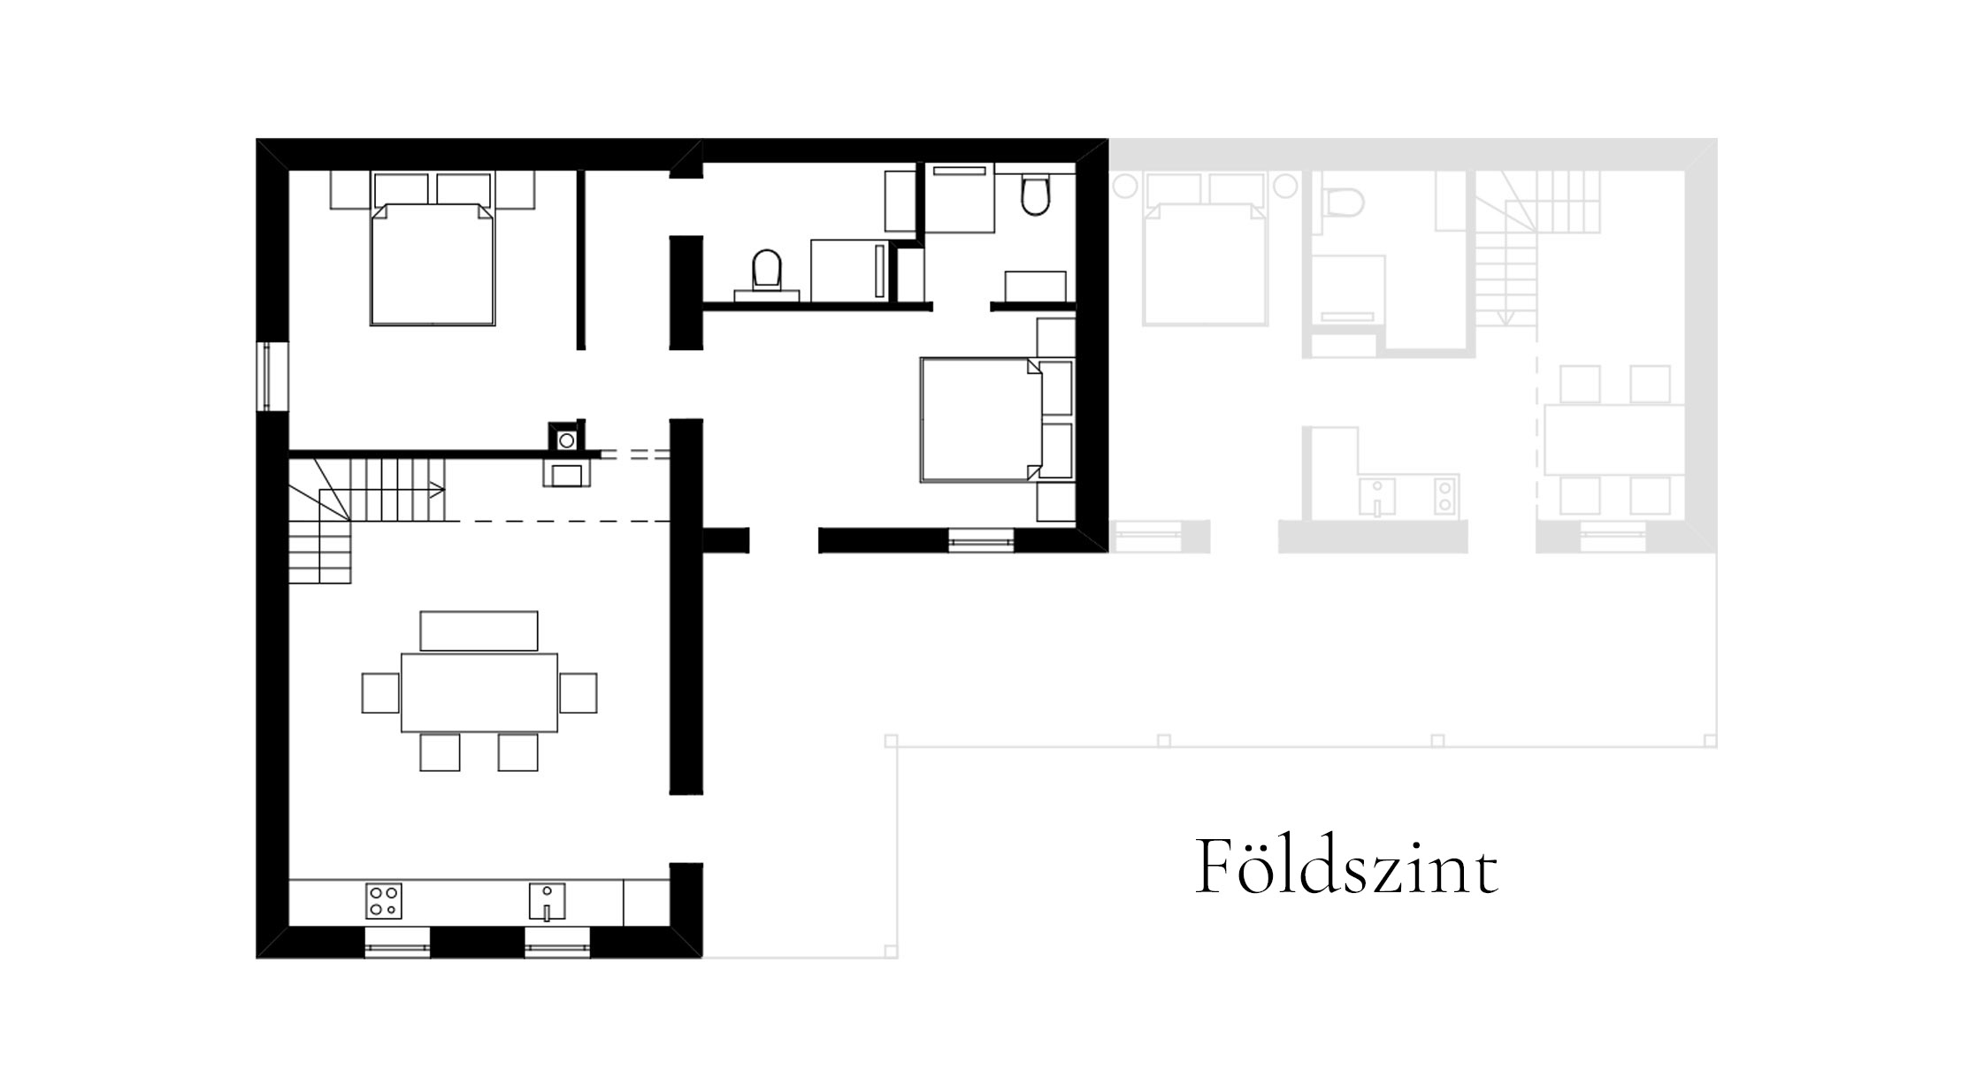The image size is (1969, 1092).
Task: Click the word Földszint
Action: coord(1346,867)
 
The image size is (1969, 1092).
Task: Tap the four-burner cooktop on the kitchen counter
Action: coord(384,900)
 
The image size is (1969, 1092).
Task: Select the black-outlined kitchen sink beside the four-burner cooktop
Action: coord(547,901)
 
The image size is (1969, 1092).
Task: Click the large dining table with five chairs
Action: coord(479,692)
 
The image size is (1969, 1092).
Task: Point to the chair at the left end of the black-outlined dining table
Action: coord(381,692)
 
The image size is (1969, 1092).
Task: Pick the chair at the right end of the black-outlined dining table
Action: coord(578,692)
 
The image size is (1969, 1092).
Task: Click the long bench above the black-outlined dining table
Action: coord(479,630)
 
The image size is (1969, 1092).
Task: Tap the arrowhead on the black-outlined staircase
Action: coord(437,489)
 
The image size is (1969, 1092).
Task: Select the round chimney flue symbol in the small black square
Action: coord(566,440)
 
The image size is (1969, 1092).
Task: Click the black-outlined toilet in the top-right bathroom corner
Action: coord(1035,195)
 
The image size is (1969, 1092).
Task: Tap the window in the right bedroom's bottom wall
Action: coord(981,539)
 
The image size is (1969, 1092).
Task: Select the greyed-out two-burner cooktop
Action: coord(1444,495)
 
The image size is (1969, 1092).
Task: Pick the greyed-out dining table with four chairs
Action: coord(1614,439)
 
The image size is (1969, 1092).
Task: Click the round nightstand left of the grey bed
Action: coord(1125,186)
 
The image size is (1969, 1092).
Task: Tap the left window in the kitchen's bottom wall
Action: coord(397,943)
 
